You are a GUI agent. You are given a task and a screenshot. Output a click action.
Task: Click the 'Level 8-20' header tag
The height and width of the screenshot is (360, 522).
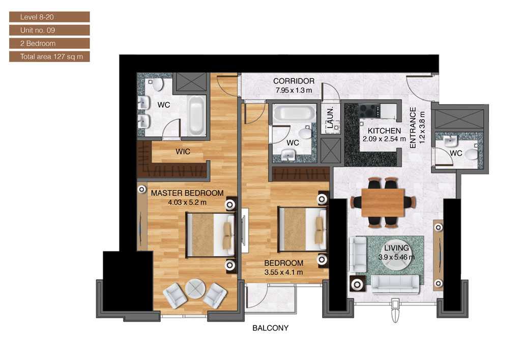(49, 17)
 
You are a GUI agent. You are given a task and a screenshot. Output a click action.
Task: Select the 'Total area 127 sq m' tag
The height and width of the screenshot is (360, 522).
(49, 56)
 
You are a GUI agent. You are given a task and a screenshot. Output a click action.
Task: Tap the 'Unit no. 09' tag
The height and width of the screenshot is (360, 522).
(49, 31)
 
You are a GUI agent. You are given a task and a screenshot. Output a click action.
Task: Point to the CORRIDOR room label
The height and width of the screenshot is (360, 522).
(294, 81)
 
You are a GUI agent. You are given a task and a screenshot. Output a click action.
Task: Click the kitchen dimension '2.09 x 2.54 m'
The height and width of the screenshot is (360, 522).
(384, 138)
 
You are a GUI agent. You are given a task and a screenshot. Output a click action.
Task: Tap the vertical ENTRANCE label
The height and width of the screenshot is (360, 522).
(413, 128)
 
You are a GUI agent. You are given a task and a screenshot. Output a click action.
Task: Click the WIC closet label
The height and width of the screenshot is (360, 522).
(183, 152)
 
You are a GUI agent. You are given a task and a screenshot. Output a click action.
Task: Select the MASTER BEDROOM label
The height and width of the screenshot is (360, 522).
(187, 193)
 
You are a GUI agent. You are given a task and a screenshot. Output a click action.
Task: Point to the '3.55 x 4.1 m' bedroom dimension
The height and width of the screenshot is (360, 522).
(283, 272)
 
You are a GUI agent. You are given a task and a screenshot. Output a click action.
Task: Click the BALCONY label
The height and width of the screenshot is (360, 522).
(270, 328)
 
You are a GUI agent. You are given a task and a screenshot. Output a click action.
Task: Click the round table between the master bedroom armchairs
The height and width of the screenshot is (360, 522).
(194, 289)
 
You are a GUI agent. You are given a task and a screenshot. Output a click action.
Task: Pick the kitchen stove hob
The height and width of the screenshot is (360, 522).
(368, 110)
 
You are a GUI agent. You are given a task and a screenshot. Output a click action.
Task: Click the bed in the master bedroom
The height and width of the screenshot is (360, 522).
(210, 234)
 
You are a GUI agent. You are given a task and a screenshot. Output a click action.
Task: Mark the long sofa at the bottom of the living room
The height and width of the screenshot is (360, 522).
(395, 284)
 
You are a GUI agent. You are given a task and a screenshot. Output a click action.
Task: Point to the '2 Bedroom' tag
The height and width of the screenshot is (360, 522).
(49, 43)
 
